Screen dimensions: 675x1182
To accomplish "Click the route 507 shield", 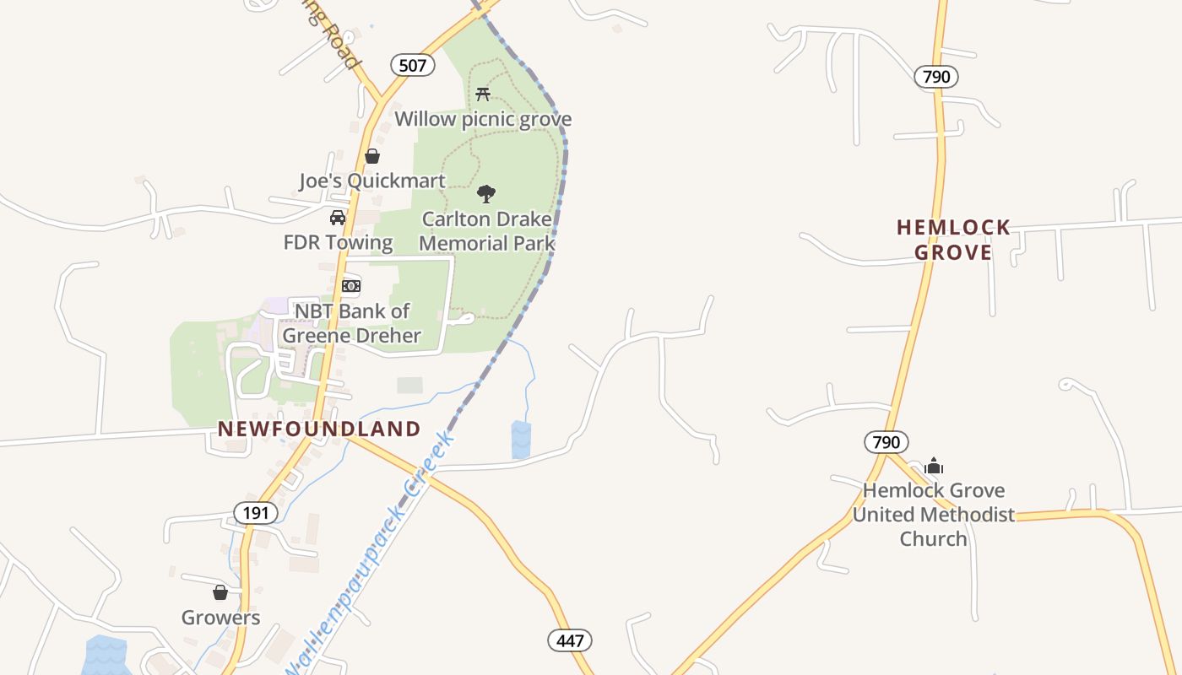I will coord(412,65).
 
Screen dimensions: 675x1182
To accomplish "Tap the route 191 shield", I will coord(256,512).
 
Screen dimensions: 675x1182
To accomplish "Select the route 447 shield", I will coord(570,640).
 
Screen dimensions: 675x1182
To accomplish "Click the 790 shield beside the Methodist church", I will coord(886,441).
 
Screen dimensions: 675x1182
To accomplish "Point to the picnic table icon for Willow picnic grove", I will coord(483,94).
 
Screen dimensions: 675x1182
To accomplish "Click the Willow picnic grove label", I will coord(483,119).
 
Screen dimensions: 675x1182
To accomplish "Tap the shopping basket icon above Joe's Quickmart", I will coord(371,156).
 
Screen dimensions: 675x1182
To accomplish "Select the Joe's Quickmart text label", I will coord(371,181).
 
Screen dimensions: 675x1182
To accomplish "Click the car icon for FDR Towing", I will coord(338,218).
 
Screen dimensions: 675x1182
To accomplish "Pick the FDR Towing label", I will coord(338,243).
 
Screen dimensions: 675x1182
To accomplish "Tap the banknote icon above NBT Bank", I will coord(351,286).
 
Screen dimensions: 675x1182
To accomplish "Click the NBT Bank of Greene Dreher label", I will coord(351,323).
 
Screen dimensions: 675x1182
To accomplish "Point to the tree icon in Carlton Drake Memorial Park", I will coord(486,194).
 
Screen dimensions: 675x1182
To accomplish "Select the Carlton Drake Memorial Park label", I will coord(486,231).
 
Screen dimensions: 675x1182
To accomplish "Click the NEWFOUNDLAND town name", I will coord(319,429).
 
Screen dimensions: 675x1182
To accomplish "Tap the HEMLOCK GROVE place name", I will coord(953,240).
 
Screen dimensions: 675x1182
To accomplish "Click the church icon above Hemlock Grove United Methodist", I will coord(934,466).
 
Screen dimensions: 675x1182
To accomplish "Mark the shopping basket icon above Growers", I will coord(220,592).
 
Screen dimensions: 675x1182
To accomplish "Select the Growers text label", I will coord(220,618).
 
